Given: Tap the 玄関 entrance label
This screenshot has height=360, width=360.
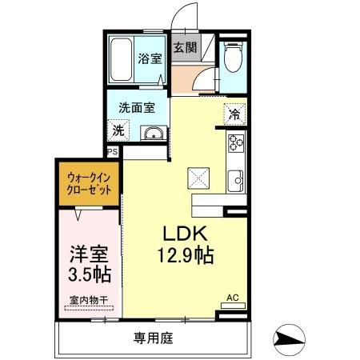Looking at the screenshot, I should pos(185,46).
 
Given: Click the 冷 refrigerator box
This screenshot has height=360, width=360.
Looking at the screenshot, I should pos(234,114).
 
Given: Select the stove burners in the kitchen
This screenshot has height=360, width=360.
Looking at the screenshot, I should pos(236,144).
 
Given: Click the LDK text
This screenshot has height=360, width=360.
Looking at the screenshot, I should pos(186,234).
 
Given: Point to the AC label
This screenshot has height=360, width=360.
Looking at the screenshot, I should pos(234,298).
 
